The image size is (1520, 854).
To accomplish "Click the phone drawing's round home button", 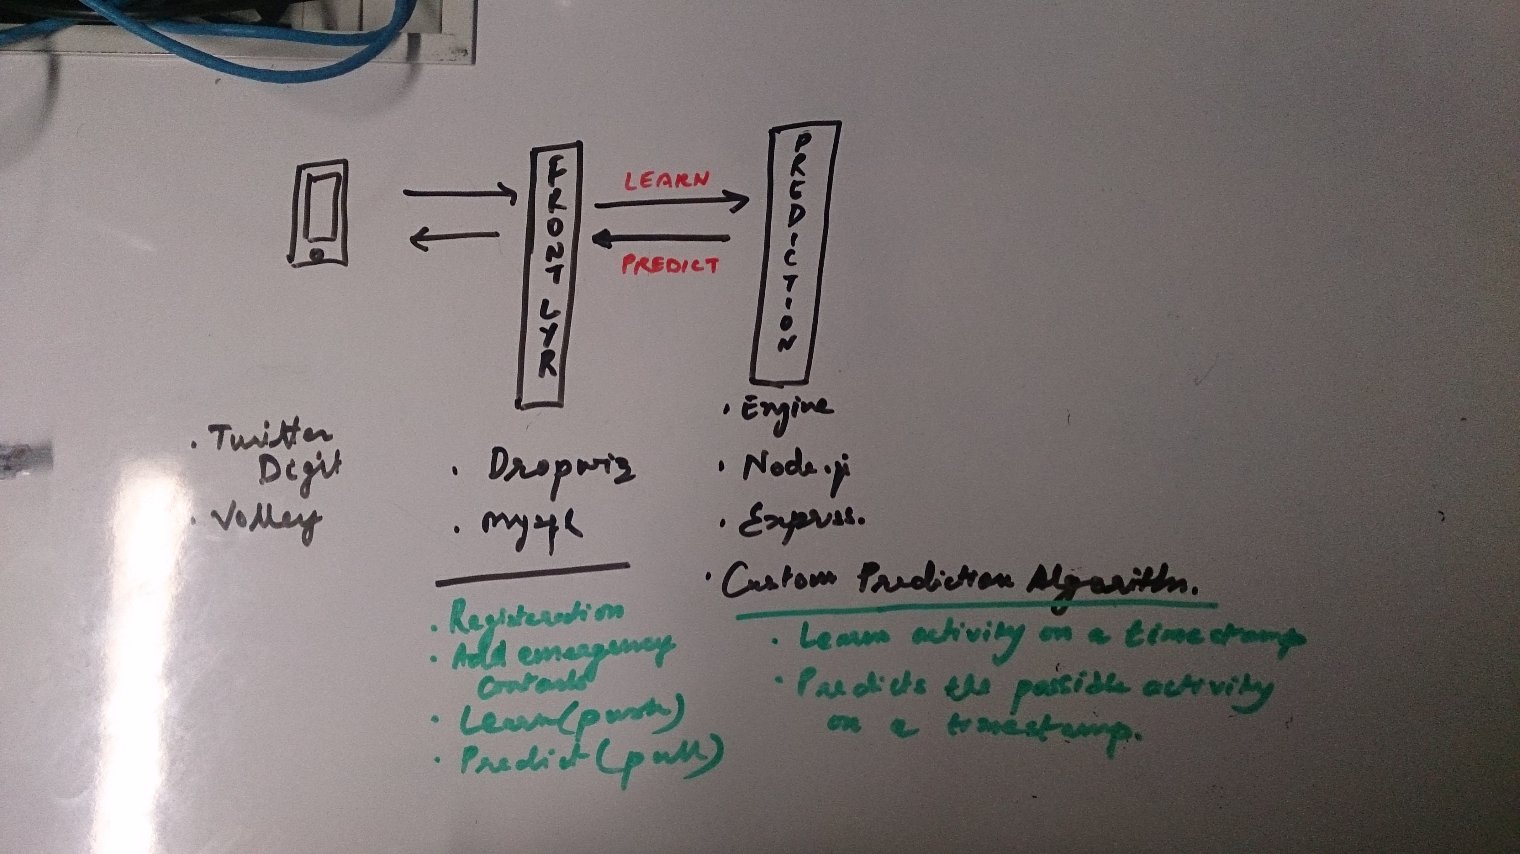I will click(x=318, y=255).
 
